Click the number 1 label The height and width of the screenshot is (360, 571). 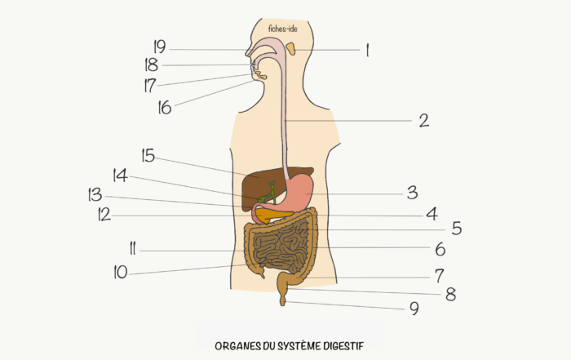(367, 51)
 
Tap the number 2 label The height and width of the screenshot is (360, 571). (424, 121)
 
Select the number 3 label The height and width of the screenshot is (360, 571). (412, 193)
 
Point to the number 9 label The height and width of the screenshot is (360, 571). (414, 309)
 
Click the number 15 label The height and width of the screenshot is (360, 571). (148, 155)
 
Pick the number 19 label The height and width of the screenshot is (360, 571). (160, 47)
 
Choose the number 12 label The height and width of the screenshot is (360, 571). (104, 215)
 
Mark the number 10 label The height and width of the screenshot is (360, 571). (121, 272)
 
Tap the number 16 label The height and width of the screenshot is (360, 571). (165, 108)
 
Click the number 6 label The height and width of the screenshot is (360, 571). (440, 249)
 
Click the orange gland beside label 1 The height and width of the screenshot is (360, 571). (291, 48)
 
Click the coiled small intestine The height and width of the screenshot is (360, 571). (281, 248)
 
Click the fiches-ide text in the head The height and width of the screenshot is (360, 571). (282, 29)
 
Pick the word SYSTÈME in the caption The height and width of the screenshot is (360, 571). (295, 345)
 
